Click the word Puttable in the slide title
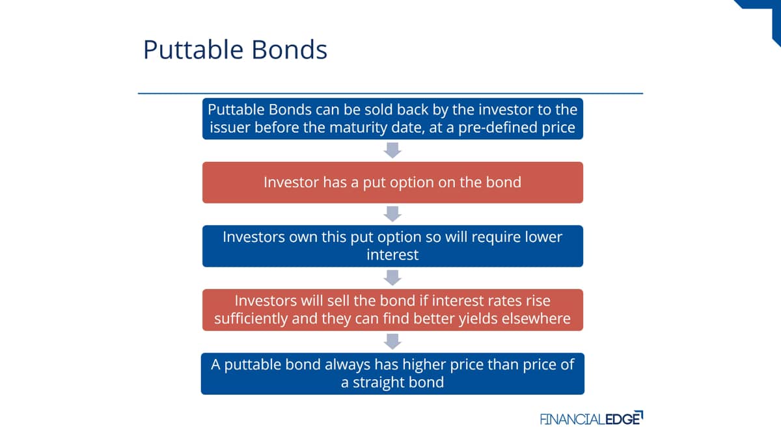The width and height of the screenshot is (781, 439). [x=193, y=49]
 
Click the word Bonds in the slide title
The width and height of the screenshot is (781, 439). [x=290, y=49]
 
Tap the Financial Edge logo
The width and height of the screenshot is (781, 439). [x=592, y=418]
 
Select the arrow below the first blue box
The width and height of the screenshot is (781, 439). [x=392, y=150]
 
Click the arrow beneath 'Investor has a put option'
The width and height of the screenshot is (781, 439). [x=392, y=214]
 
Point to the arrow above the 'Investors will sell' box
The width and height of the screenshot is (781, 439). [x=392, y=278]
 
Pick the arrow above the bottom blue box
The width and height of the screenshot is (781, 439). [x=392, y=341]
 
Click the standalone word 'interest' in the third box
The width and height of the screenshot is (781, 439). [x=392, y=255]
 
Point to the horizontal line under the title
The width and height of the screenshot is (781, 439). [x=390, y=94]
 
